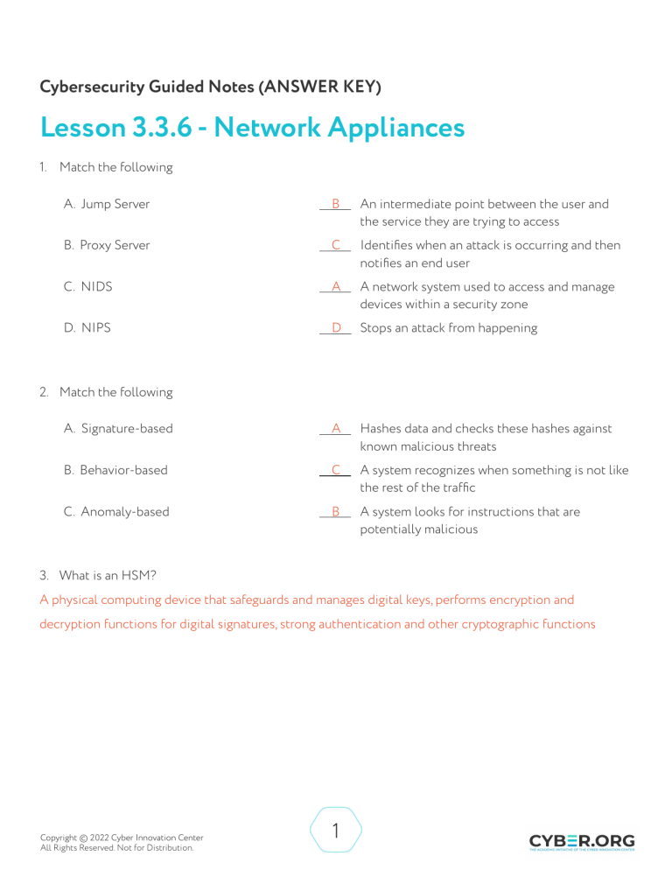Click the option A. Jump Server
(x=107, y=204)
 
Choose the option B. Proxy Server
(x=107, y=245)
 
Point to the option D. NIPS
(x=87, y=327)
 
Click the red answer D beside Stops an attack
(x=336, y=327)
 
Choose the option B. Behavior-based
(x=115, y=470)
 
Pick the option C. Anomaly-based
(x=116, y=511)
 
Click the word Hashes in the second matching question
(x=381, y=428)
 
